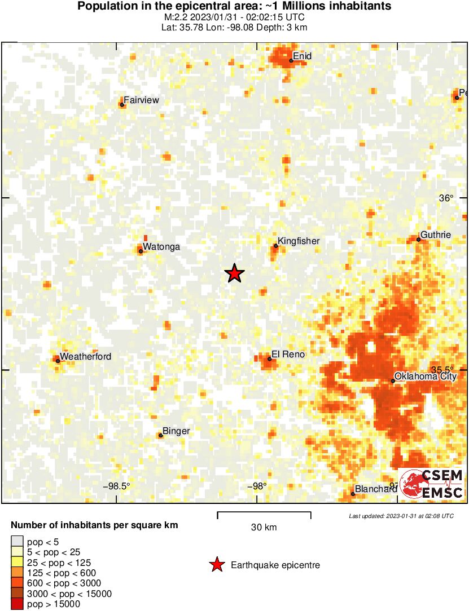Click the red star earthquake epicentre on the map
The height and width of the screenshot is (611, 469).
click(x=235, y=273)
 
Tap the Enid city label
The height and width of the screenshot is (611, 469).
click(x=303, y=56)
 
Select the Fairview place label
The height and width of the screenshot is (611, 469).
click(x=141, y=100)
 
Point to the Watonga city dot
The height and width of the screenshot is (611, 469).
click(x=141, y=251)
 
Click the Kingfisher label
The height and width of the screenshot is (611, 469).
click(x=299, y=241)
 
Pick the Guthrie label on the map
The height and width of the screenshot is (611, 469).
click(x=436, y=235)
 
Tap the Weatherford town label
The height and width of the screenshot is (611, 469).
click(x=85, y=356)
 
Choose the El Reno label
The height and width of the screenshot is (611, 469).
click(x=288, y=355)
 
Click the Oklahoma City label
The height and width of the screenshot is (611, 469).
click(x=425, y=377)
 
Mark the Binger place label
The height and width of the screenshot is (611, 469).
click(x=176, y=432)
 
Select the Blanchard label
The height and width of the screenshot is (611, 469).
click(x=376, y=489)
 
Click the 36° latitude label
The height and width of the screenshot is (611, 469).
click(x=446, y=198)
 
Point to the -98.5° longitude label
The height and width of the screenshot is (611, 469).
click(x=116, y=486)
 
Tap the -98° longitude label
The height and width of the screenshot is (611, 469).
click(x=256, y=486)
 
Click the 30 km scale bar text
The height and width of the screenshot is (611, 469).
click(x=264, y=528)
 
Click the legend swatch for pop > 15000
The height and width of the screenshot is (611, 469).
click(x=17, y=604)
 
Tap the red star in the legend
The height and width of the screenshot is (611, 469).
click(x=217, y=565)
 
